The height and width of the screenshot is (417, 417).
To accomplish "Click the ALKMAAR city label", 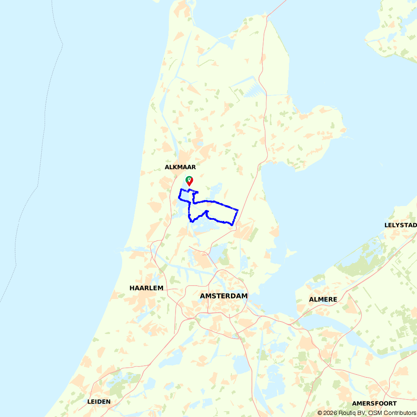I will point(180,167).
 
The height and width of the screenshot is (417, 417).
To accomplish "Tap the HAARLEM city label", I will point(146,288).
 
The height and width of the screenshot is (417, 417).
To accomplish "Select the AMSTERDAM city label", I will point(224,296).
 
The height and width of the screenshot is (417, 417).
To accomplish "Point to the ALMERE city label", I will point(323,299).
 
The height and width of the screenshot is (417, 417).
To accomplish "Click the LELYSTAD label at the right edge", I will point(400,225).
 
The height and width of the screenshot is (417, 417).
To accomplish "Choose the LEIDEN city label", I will point(99,402).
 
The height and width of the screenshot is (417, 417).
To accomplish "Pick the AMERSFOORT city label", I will point(374,403).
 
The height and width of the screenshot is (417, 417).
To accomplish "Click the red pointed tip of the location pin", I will point(190,186).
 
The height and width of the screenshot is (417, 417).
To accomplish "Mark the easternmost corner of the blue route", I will point(238,210).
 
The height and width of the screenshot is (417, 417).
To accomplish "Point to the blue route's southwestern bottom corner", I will point(191,221).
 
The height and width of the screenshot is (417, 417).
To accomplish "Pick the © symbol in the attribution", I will point(320,413).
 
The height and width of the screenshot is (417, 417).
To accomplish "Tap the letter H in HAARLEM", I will point(132,288).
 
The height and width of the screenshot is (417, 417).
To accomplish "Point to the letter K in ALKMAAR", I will point(174,167).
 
